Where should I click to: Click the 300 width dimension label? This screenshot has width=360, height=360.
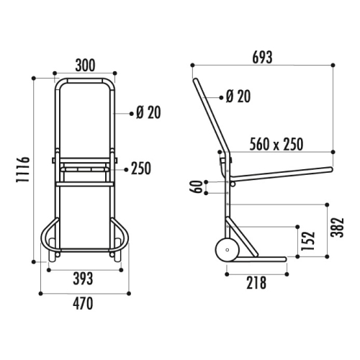click(x=85, y=65)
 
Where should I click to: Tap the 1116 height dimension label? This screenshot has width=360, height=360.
click(x=23, y=169)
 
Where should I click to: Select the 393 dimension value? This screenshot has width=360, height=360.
click(x=83, y=279)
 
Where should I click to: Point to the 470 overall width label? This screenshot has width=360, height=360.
click(x=83, y=303)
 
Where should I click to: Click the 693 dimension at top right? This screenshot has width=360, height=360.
click(x=262, y=58)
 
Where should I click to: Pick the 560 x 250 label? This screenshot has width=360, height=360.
click(x=276, y=144)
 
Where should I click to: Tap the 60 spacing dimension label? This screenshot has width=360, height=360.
click(x=197, y=187)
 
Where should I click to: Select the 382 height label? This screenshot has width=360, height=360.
click(x=337, y=228)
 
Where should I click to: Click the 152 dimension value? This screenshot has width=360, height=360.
click(x=308, y=240)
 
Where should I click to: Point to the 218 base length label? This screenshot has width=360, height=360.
click(x=256, y=283)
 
